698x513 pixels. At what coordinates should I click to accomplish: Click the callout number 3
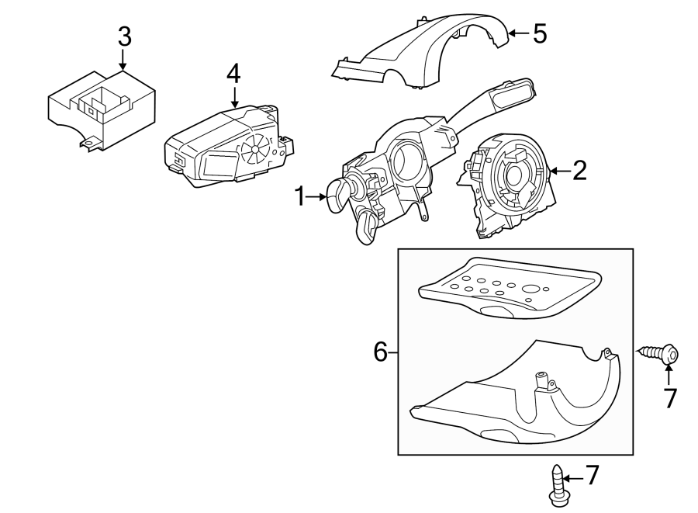[125, 37]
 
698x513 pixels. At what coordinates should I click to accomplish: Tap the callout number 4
[233, 74]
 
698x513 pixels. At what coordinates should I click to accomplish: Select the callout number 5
[540, 34]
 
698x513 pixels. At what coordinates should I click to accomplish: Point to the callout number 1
[300, 196]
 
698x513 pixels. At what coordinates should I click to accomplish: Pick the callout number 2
[579, 171]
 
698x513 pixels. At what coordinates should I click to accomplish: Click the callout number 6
[381, 352]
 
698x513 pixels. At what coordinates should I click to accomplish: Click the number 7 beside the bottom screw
[592, 475]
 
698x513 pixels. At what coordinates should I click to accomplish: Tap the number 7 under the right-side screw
[669, 398]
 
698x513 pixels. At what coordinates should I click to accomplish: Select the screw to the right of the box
[659, 354]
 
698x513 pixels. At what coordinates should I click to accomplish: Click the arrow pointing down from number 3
[123, 60]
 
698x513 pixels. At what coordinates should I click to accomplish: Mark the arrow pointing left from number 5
[519, 33]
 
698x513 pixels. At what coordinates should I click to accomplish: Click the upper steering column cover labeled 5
[420, 51]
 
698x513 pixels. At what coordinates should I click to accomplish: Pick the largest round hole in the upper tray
[530, 289]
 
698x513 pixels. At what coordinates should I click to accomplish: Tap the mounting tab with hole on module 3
[90, 143]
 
